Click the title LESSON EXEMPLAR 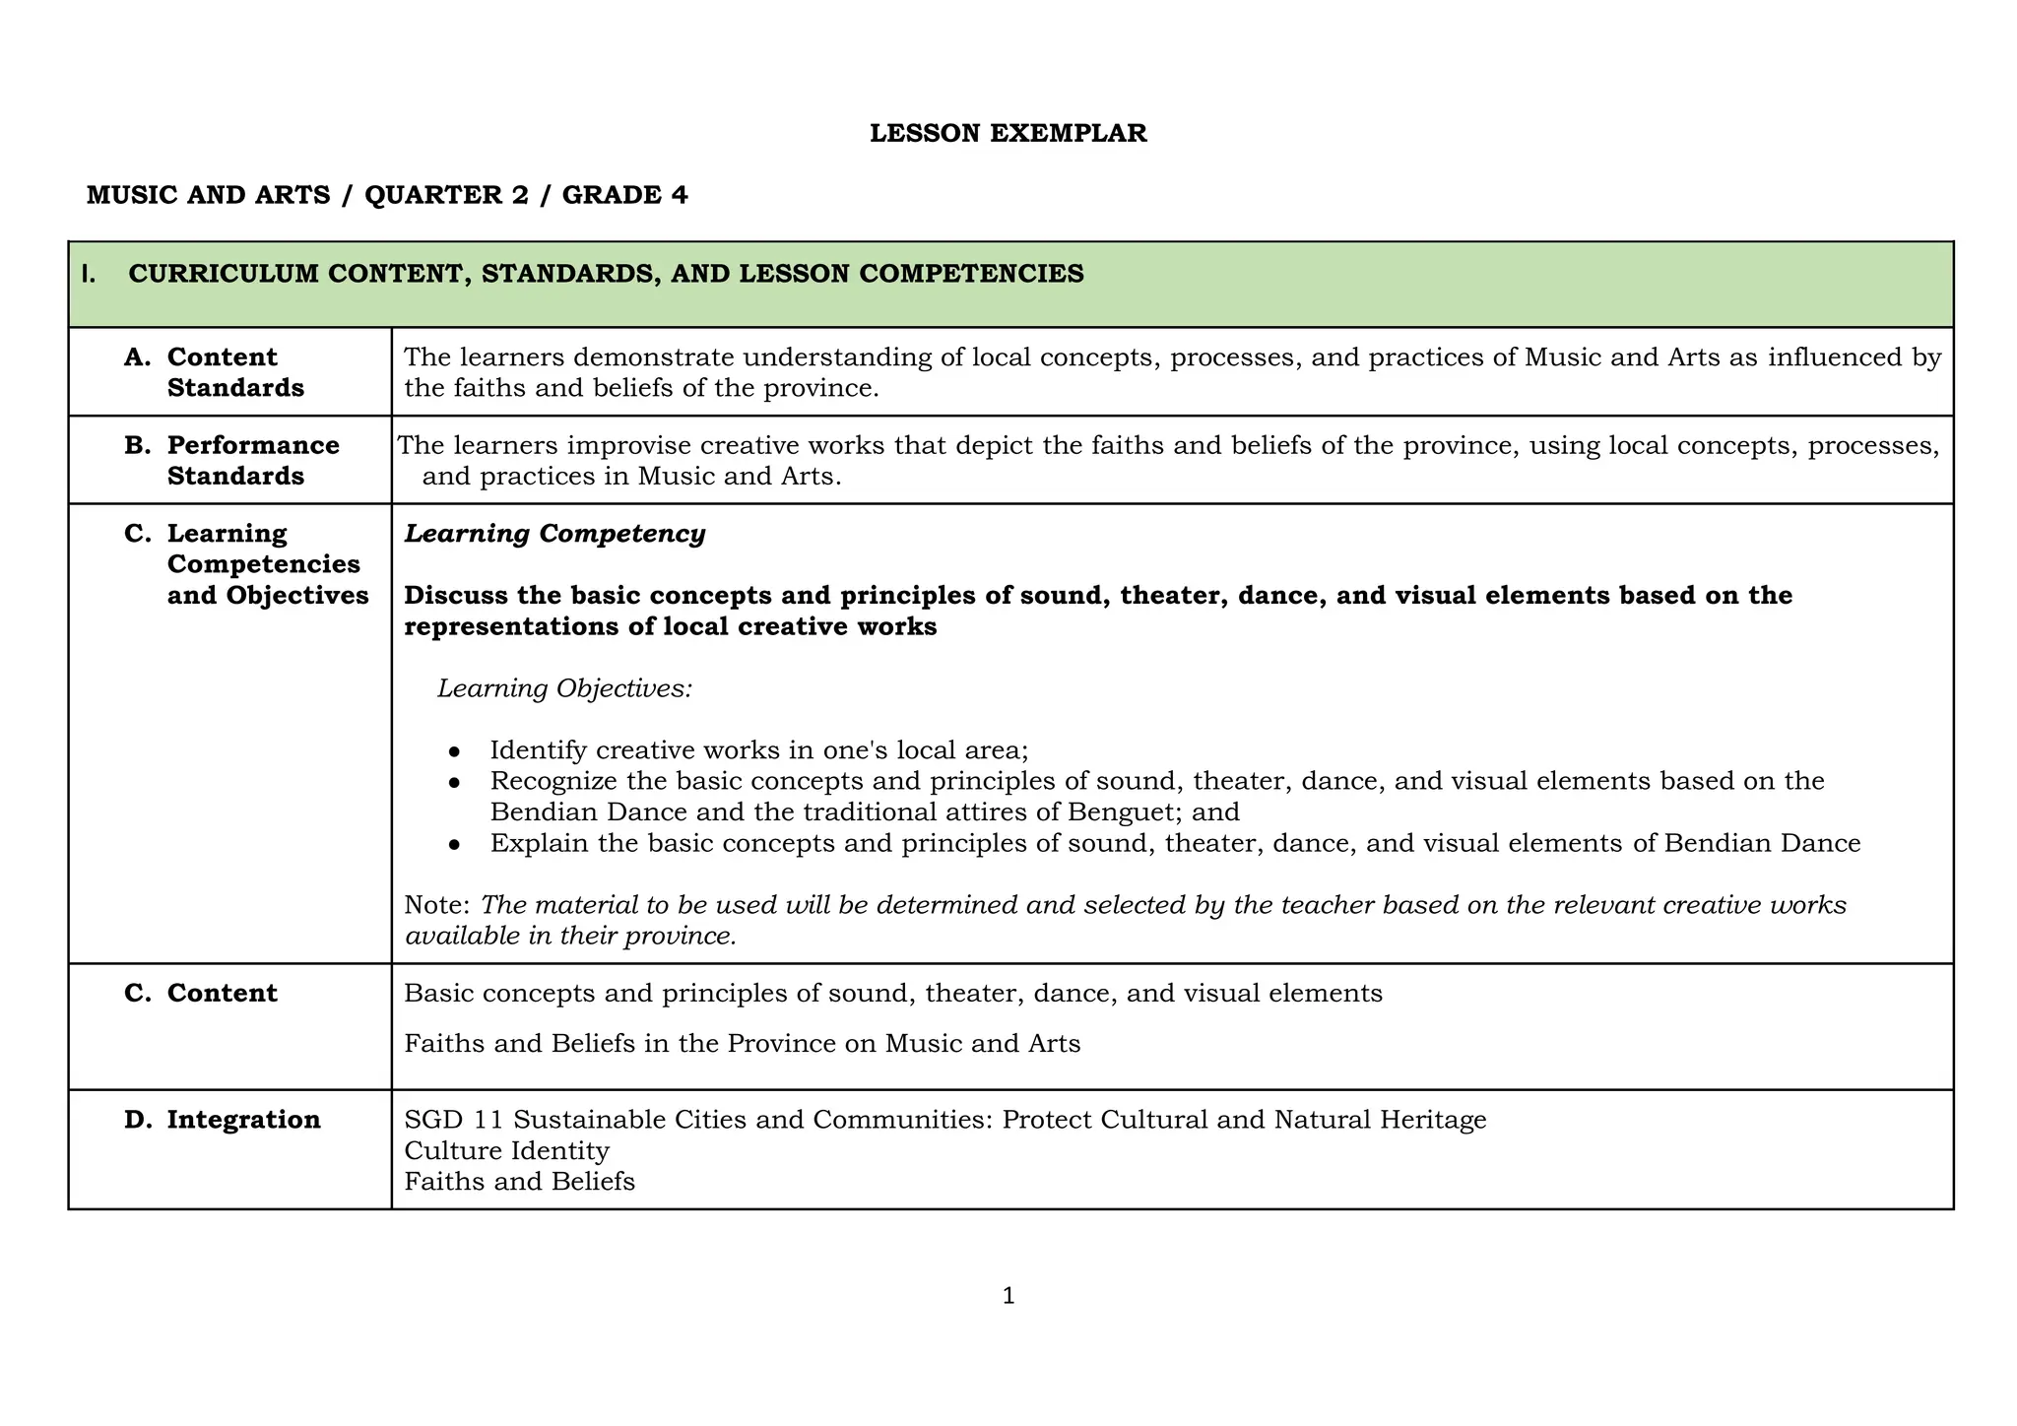(1008, 133)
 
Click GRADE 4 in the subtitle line (624, 195)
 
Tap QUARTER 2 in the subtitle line (446, 195)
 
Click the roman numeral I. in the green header (90, 274)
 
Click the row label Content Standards (234, 372)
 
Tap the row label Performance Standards (252, 460)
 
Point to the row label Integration (243, 1120)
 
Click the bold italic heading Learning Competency (554, 534)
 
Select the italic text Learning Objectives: (564, 688)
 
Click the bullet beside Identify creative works (454, 751)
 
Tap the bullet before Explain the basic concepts (454, 844)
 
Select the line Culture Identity (506, 1150)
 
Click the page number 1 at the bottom (1008, 1296)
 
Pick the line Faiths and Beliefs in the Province (742, 1043)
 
